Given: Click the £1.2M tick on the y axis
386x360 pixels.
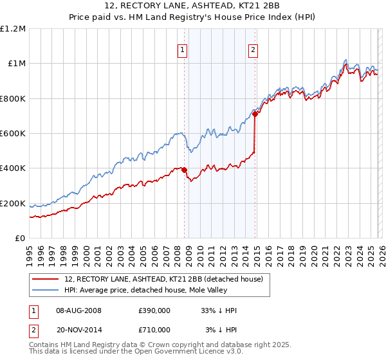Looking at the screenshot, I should (13, 28).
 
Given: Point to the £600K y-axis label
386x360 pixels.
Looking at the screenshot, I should (13, 134).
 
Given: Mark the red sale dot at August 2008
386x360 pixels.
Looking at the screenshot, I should (184, 170).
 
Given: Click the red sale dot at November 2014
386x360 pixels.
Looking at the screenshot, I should (255, 114).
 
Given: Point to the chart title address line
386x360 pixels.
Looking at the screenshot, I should (193, 8).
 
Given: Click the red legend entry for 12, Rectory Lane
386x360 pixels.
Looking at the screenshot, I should (163, 280).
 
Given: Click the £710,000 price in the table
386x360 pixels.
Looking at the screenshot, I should (154, 329).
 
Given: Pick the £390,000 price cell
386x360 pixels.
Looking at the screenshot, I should (154, 310).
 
